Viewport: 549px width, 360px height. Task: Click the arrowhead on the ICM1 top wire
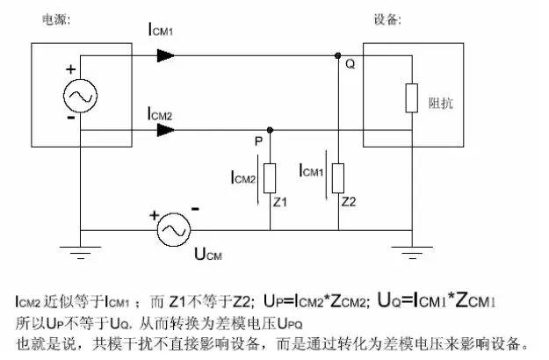[x=166, y=55]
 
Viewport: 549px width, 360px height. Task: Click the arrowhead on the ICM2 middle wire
[x=166, y=130]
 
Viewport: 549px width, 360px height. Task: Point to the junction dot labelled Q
[x=339, y=55]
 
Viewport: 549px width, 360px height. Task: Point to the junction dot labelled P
[x=270, y=130]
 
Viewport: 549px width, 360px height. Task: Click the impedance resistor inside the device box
[x=410, y=97]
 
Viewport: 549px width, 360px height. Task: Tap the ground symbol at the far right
[x=410, y=256]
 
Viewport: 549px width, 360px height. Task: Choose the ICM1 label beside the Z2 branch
[x=312, y=169]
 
